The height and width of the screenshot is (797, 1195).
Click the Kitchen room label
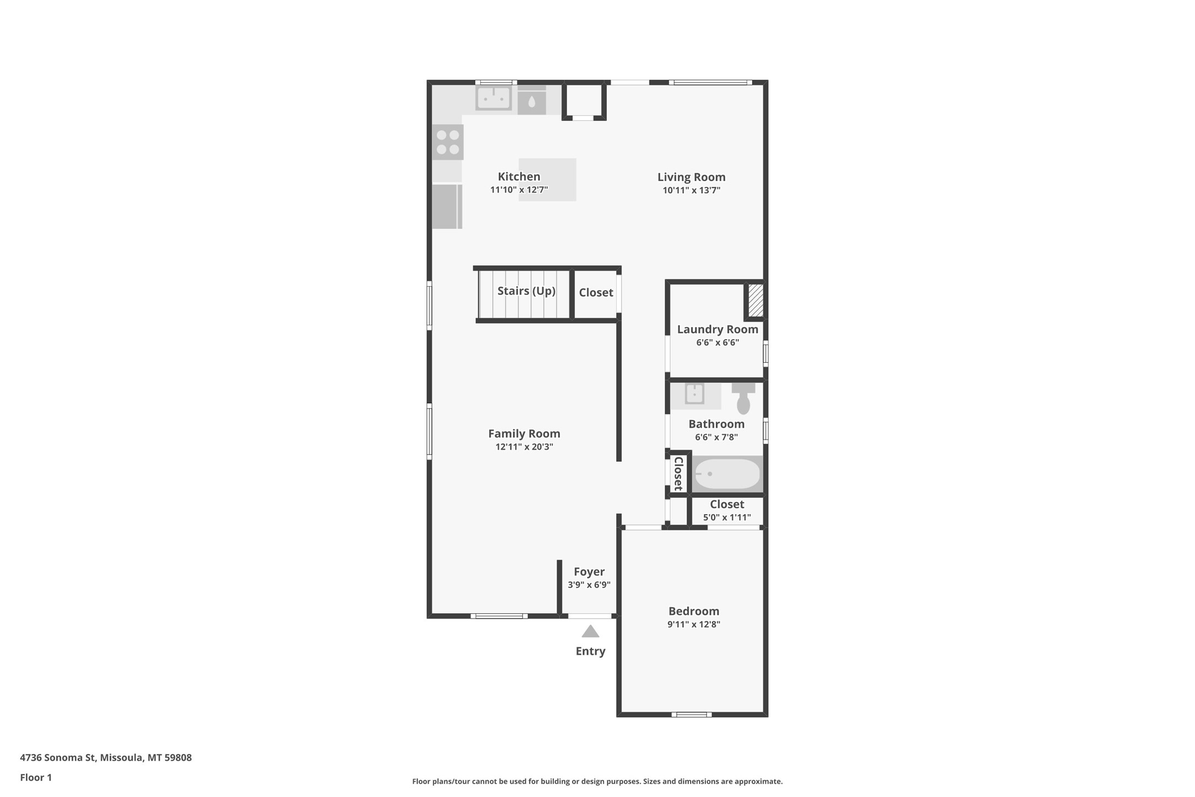click(x=519, y=177)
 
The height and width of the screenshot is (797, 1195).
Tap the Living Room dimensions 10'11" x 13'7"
click(x=691, y=190)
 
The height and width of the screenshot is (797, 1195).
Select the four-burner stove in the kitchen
click(x=447, y=142)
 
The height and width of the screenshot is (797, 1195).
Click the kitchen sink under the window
click(x=494, y=99)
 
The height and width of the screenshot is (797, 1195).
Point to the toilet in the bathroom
click(x=743, y=398)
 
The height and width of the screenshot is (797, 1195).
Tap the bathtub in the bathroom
click(x=727, y=474)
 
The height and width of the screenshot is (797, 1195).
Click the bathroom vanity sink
click(x=694, y=394)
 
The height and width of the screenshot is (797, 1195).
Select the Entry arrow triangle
click(x=590, y=631)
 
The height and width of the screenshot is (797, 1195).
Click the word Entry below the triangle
click(x=590, y=651)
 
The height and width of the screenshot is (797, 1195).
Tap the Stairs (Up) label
click(x=526, y=291)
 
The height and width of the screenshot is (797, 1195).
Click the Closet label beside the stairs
click(x=596, y=293)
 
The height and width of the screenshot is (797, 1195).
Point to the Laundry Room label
click(x=717, y=329)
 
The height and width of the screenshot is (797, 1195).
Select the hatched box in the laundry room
click(x=755, y=300)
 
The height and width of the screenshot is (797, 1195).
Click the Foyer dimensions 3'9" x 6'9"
click(x=589, y=585)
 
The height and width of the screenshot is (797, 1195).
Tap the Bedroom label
click(x=694, y=611)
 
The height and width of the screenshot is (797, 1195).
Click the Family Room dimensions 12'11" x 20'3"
click(x=524, y=447)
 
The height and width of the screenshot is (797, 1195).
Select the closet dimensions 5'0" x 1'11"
click(x=727, y=517)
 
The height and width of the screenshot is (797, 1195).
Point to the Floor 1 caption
click(x=36, y=778)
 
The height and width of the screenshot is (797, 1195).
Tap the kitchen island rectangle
click(x=547, y=180)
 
